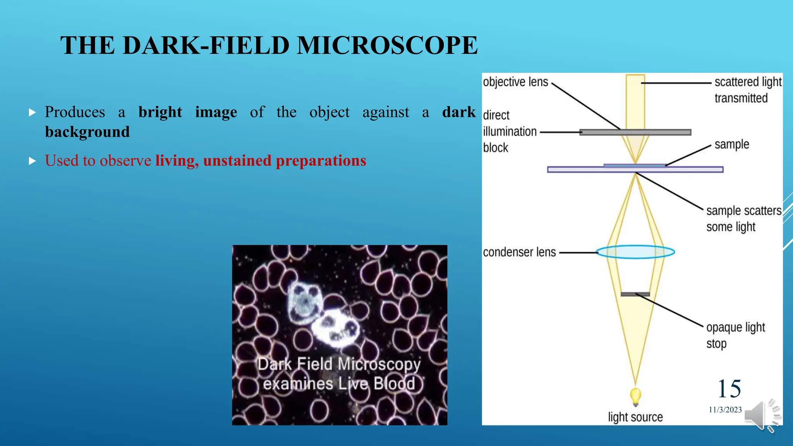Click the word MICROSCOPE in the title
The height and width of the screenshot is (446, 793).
click(x=387, y=45)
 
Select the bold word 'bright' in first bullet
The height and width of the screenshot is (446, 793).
click(x=160, y=112)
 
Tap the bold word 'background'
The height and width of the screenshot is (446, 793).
click(x=87, y=132)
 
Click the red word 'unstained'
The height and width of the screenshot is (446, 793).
click(x=237, y=161)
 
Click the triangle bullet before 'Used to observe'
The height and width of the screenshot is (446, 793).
click(x=33, y=161)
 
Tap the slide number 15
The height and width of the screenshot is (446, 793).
click(x=729, y=388)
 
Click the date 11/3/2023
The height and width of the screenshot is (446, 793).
click(x=725, y=410)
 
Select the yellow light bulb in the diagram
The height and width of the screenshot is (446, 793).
click(x=635, y=396)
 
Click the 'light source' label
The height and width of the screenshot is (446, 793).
click(x=635, y=417)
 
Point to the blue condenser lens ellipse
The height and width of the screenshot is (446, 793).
click(x=635, y=252)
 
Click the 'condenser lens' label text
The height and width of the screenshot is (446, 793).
click(x=519, y=252)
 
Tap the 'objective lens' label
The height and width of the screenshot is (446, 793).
click(x=515, y=82)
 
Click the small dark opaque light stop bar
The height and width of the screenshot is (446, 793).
click(x=635, y=294)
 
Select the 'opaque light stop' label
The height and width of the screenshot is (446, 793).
click(x=735, y=335)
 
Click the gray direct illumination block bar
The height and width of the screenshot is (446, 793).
click(x=635, y=132)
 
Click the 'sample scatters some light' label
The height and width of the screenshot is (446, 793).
click(x=743, y=218)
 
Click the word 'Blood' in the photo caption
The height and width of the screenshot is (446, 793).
click(x=394, y=384)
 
